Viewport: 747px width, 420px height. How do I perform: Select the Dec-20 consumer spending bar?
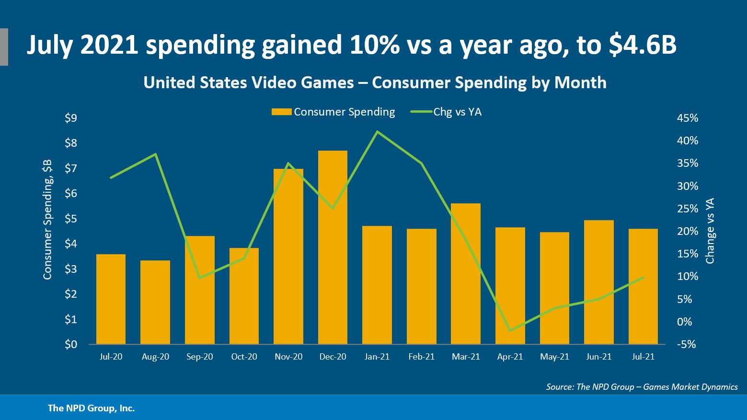[333, 247]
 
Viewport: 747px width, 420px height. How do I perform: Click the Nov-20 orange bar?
[288, 257]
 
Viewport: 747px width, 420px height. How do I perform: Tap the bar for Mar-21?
[466, 274]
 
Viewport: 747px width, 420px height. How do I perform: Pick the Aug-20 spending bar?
[155, 302]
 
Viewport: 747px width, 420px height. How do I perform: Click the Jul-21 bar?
[643, 286]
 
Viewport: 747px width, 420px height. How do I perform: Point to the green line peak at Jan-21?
[378, 131]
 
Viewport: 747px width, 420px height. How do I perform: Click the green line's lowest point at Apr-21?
[510, 330]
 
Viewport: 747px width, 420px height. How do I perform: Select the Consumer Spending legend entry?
[333, 112]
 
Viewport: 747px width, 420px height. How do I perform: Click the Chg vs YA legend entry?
[446, 112]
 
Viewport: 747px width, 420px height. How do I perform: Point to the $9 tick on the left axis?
[71, 118]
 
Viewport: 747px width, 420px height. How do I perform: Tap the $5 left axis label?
[71, 219]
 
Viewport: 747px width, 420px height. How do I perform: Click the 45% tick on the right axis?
[687, 118]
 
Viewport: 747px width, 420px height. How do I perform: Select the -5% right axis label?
[686, 344]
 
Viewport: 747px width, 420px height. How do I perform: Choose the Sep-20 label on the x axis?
[200, 357]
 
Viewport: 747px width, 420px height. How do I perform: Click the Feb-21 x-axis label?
[422, 357]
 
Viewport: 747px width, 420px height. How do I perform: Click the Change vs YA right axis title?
[710, 231]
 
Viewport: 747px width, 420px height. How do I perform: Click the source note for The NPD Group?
[642, 387]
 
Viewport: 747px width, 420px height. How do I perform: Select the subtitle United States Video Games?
[375, 82]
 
